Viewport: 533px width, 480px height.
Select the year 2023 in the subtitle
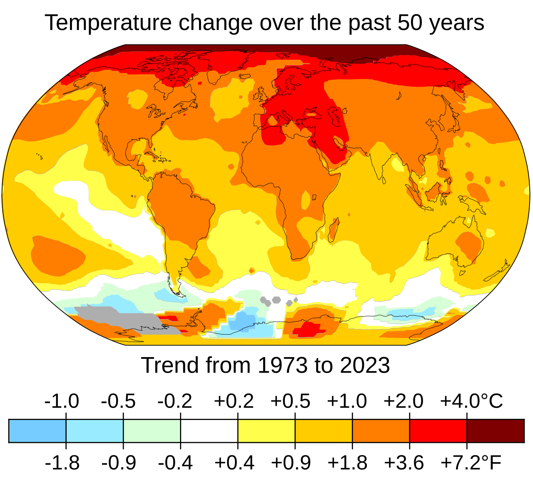tap(365, 365)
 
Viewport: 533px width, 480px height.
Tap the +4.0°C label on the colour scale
tap(471, 401)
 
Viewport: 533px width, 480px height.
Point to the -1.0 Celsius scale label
tap(61, 401)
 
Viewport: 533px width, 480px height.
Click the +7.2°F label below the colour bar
tap(471, 463)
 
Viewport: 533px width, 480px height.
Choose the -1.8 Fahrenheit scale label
tap(62, 463)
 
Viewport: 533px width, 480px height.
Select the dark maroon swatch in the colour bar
tap(495, 431)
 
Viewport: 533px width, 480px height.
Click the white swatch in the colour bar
tap(209, 431)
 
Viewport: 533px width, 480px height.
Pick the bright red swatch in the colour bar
tap(438, 431)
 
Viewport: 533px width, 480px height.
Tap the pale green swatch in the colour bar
tap(152, 431)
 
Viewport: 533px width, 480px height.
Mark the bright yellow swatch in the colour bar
tap(266, 431)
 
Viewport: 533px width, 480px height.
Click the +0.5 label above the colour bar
tap(290, 401)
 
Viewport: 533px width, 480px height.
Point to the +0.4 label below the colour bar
tap(234, 463)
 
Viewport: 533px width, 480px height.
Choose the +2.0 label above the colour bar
tap(403, 401)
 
